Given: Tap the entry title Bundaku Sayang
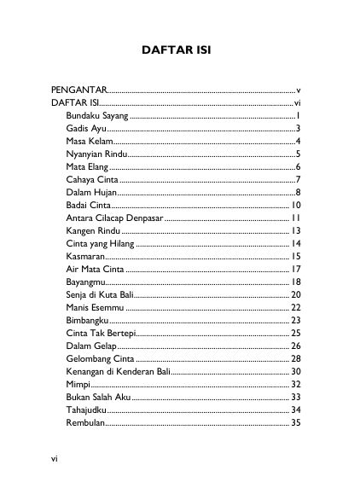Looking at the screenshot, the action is pyautogui.click(x=96, y=114).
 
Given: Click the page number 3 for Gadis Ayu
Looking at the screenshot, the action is pyautogui.click(x=298, y=127).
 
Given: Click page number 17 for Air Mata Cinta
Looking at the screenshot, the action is pyautogui.click(x=295, y=269).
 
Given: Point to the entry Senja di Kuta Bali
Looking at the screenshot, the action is pyautogui.click(x=101, y=294).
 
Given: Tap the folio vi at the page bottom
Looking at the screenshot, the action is pyautogui.click(x=55, y=459).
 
